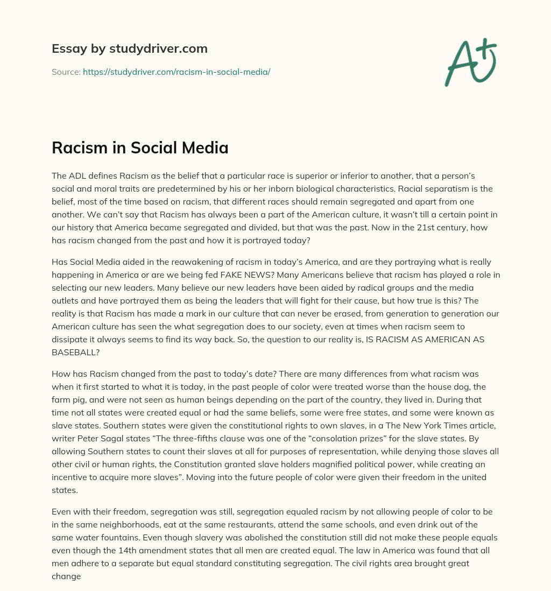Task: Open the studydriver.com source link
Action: [176, 72]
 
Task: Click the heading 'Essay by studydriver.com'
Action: [129, 48]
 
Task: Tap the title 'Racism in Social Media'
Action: [140, 147]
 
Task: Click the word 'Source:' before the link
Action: [66, 72]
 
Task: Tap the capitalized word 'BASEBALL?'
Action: [75, 352]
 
